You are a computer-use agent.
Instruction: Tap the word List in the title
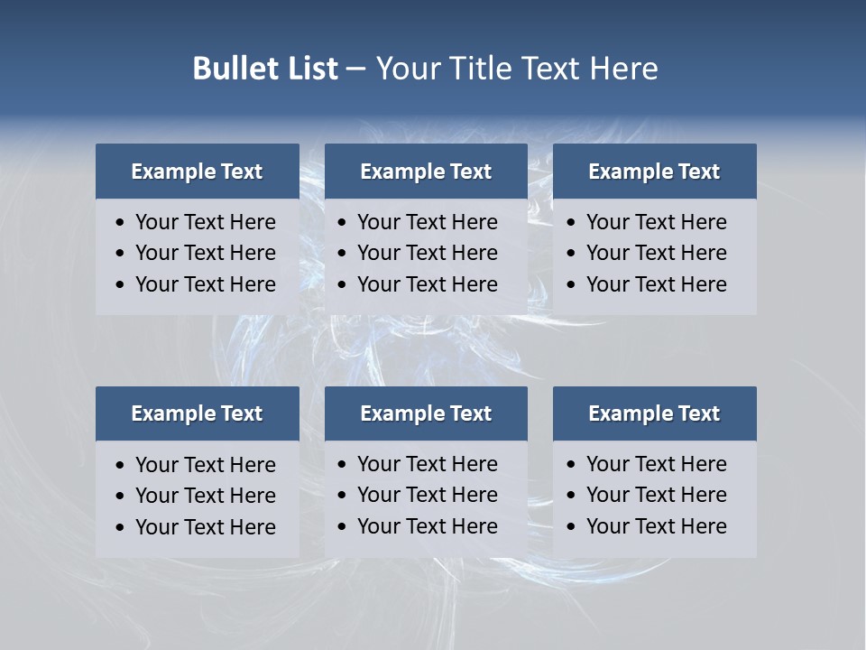(309, 69)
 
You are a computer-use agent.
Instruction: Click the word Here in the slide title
(623, 69)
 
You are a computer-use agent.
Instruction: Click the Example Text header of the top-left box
(197, 172)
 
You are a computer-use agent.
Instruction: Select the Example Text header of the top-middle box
(426, 172)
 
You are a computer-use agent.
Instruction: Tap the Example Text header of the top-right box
(654, 172)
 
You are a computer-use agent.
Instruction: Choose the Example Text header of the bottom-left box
(197, 413)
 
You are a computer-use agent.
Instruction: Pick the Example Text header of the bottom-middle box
(426, 413)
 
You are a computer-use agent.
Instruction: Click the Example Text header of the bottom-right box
(654, 413)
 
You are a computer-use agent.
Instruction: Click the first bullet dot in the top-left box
(121, 223)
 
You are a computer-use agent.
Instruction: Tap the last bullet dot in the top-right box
(571, 285)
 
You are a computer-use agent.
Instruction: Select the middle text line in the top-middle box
(427, 253)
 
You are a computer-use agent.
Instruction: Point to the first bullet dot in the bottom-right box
(571, 465)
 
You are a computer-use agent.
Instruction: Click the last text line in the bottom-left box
(205, 527)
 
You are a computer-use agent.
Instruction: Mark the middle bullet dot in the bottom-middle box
(342, 496)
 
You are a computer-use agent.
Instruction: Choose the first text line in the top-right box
(656, 222)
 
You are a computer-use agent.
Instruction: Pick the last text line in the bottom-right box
(656, 526)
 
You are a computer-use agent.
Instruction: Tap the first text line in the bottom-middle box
(427, 464)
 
